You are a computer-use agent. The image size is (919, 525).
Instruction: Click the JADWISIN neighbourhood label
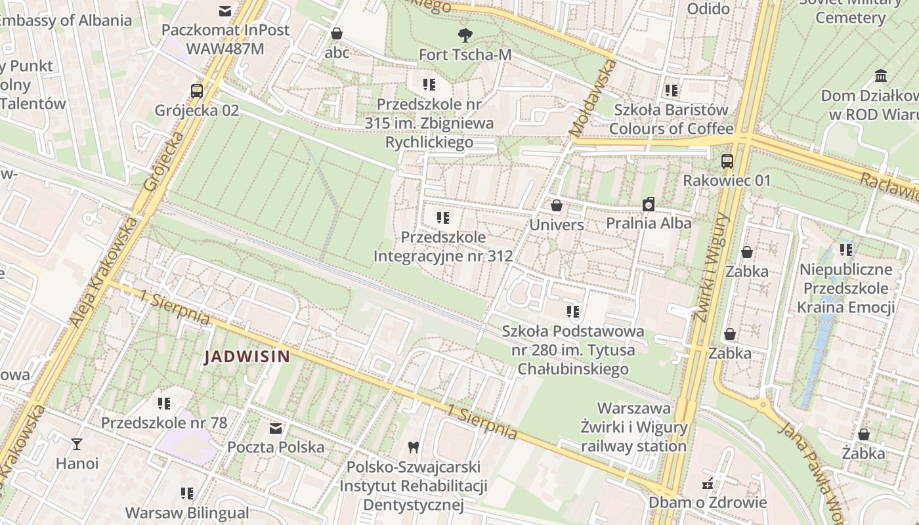247,357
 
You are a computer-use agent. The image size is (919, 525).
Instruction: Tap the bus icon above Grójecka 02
196,91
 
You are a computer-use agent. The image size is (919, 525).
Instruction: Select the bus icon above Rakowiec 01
727,161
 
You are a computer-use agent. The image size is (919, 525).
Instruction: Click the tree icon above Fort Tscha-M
465,35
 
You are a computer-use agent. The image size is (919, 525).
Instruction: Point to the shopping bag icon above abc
337,33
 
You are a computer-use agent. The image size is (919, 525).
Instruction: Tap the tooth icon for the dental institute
413,447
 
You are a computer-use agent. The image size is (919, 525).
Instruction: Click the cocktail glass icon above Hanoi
77,444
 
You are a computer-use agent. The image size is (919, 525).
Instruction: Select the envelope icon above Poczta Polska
276,429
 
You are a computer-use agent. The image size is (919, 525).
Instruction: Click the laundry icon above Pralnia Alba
649,204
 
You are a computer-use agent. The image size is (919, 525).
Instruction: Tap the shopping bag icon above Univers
557,206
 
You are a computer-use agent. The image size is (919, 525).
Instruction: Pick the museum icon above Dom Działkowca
881,76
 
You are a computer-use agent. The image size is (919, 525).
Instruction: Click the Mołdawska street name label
593,99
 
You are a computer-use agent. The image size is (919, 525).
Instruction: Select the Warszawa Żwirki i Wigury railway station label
633,427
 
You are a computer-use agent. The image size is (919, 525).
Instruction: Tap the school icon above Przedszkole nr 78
164,403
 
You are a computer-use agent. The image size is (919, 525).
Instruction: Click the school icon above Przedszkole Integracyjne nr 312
443,217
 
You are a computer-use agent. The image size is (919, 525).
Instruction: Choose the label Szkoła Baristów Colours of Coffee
671,119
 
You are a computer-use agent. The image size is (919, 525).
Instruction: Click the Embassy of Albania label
66,20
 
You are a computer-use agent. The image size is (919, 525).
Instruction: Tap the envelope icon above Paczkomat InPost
225,10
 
